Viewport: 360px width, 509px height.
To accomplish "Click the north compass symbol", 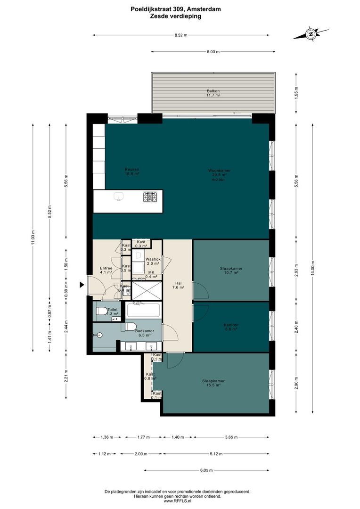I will (311, 33).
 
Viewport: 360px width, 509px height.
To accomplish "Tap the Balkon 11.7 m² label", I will (213, 93).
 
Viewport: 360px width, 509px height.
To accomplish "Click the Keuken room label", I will (132, 172).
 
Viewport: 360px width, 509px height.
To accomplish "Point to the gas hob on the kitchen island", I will (150, 197).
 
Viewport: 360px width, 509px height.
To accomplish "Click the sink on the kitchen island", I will (119, 197).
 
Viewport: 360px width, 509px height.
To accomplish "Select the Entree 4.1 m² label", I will (106, 271).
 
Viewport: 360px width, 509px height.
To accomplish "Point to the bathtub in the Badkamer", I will (143, 310).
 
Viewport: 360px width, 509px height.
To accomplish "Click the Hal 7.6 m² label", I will (178, 285).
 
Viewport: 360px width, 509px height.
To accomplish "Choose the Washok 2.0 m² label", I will (153, 262).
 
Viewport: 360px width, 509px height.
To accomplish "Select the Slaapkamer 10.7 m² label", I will (231, 271).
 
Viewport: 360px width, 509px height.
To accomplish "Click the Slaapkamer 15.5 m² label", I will (213, 383).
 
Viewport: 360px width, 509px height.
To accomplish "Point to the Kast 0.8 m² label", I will (150, 376).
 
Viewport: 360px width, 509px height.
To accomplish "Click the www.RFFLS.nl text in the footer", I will (180, 501).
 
